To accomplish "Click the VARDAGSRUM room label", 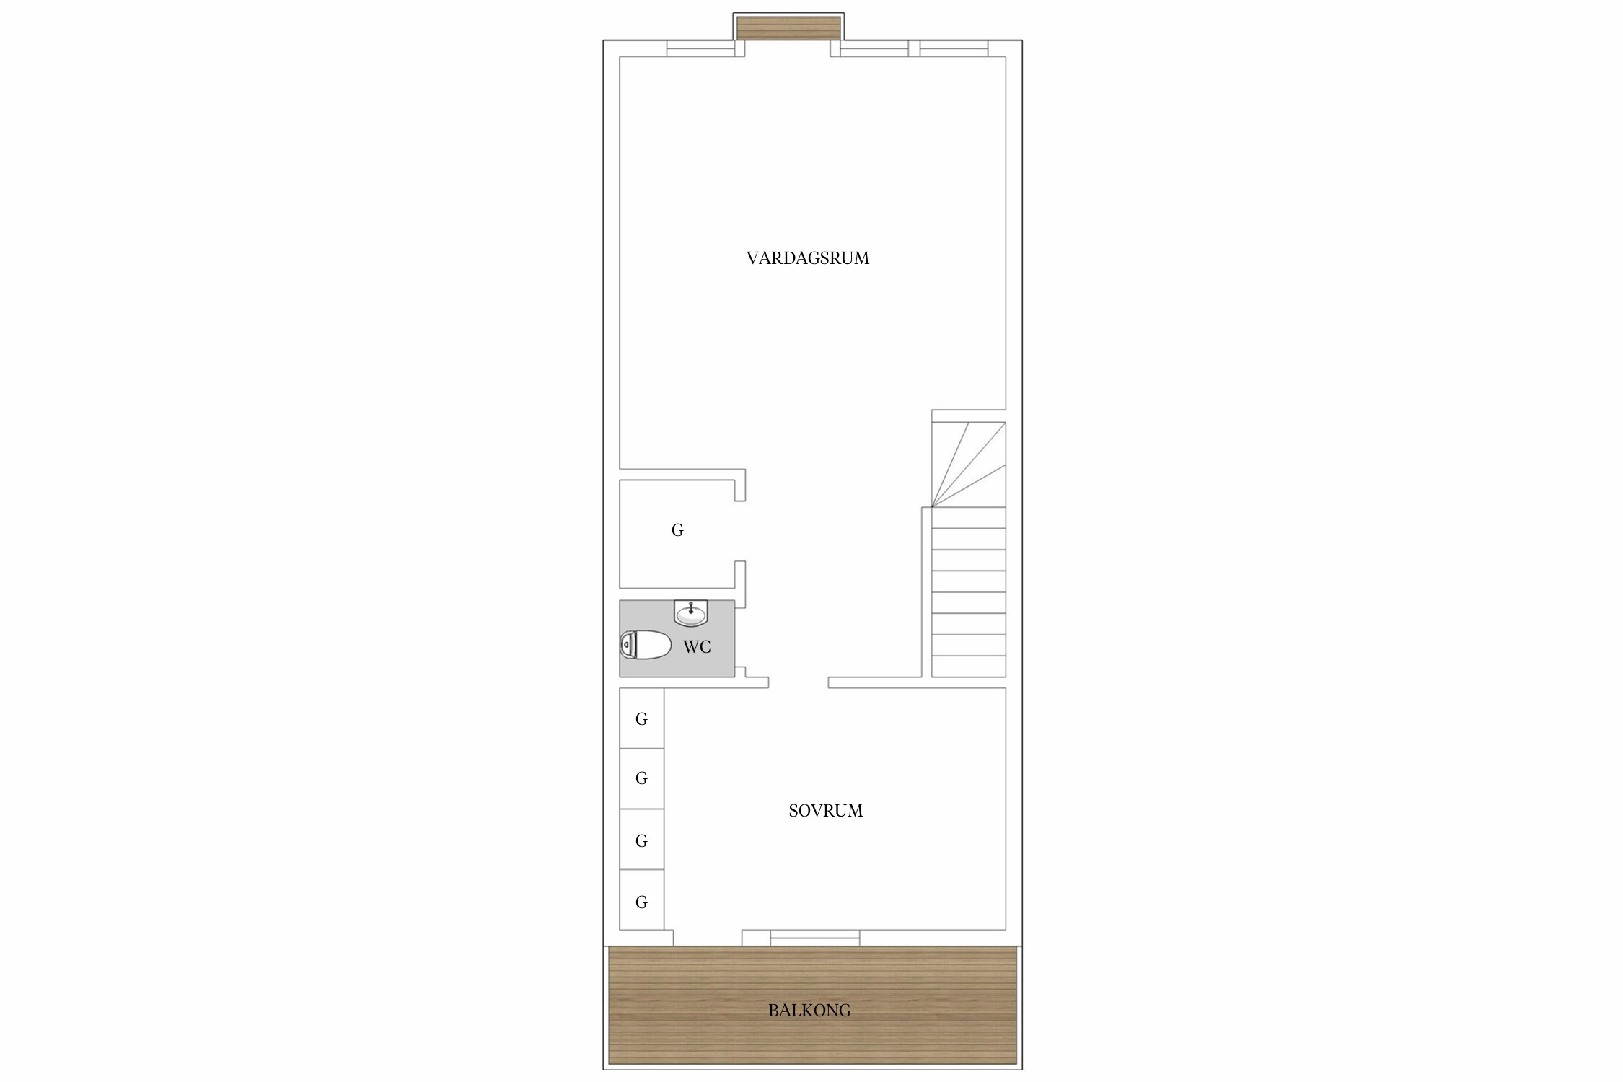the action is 808,258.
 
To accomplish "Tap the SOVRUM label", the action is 825,811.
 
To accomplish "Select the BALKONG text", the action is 809,1011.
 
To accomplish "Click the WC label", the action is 697,647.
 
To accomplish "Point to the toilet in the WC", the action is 646,645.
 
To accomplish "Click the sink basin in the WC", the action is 691,613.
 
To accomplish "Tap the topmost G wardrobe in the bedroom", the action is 642,718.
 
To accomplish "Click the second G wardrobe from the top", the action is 642,779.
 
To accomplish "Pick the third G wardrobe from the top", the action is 642,840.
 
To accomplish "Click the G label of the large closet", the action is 677,530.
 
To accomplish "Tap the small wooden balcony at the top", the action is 788,28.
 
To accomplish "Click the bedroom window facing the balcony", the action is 815,938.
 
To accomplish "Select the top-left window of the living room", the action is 700,48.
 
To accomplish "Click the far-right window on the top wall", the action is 954,48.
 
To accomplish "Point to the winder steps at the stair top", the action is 969,465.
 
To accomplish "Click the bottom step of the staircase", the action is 969,667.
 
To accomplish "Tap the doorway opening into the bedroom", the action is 799,682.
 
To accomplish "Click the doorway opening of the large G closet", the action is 740,531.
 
